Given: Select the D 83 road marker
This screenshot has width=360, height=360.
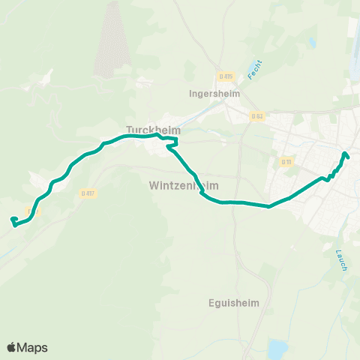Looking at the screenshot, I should (258, 115).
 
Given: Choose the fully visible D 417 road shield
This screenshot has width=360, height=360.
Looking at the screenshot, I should (87, 193).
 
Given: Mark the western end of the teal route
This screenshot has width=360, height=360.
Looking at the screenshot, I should (12, 219).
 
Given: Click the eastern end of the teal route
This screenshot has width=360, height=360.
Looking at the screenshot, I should (345, 154).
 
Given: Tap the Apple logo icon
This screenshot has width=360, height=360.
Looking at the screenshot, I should (13, 347).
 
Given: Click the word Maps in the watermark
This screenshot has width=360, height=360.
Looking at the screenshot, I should (34, 347).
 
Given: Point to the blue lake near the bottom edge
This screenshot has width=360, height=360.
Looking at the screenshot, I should (278, 349).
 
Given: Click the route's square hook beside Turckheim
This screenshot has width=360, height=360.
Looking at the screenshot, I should (173, 142).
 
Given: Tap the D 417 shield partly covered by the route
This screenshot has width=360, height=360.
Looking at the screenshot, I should (31, 211).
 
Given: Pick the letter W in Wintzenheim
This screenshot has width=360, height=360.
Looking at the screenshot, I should (154, 184).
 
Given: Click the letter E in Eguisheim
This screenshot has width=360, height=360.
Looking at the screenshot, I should (211, 304).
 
